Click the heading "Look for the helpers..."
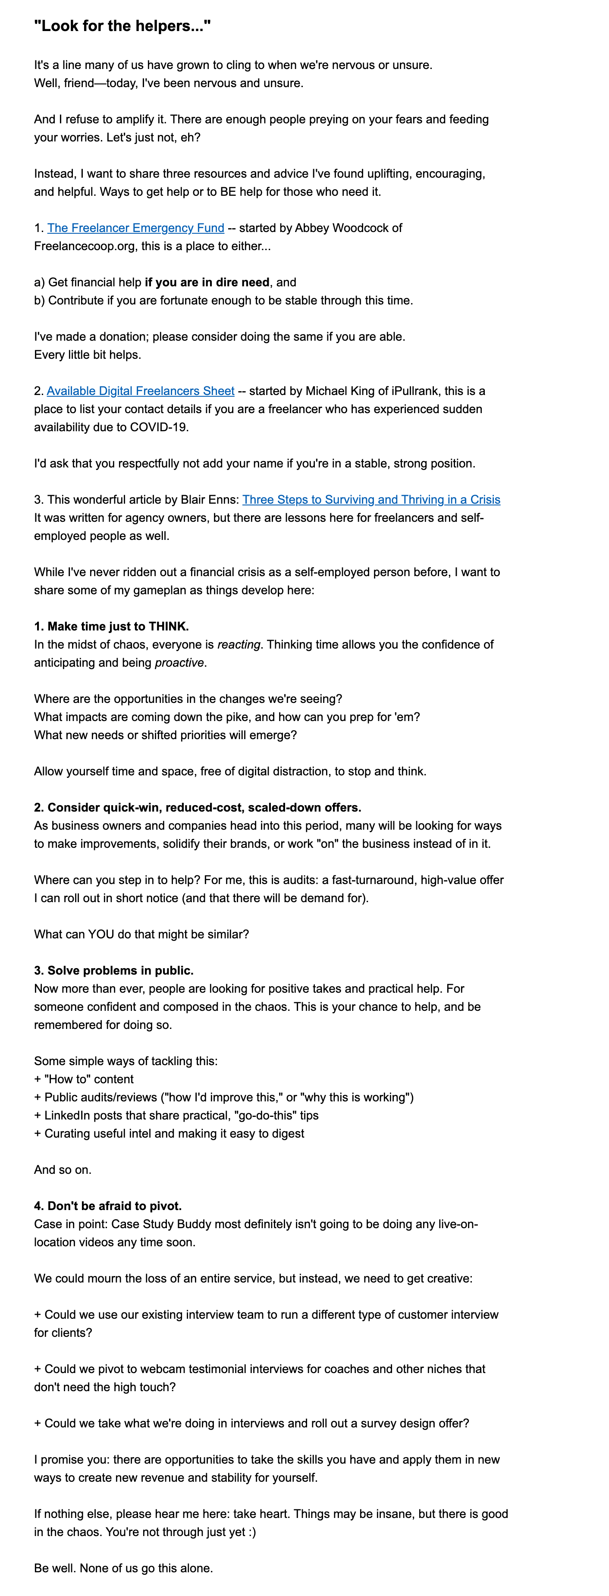coord(122,26)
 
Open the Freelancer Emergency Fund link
coord(136,228)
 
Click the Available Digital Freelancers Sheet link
coord(141,391)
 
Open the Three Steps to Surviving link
coord(371,499)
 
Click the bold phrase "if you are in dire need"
coord(207,282)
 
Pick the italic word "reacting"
coord(239,644)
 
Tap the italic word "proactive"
coord(179,662)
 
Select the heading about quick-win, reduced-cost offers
coord(198,807)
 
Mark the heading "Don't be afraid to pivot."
coord(108,1206)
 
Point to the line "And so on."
coord(63,1170)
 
